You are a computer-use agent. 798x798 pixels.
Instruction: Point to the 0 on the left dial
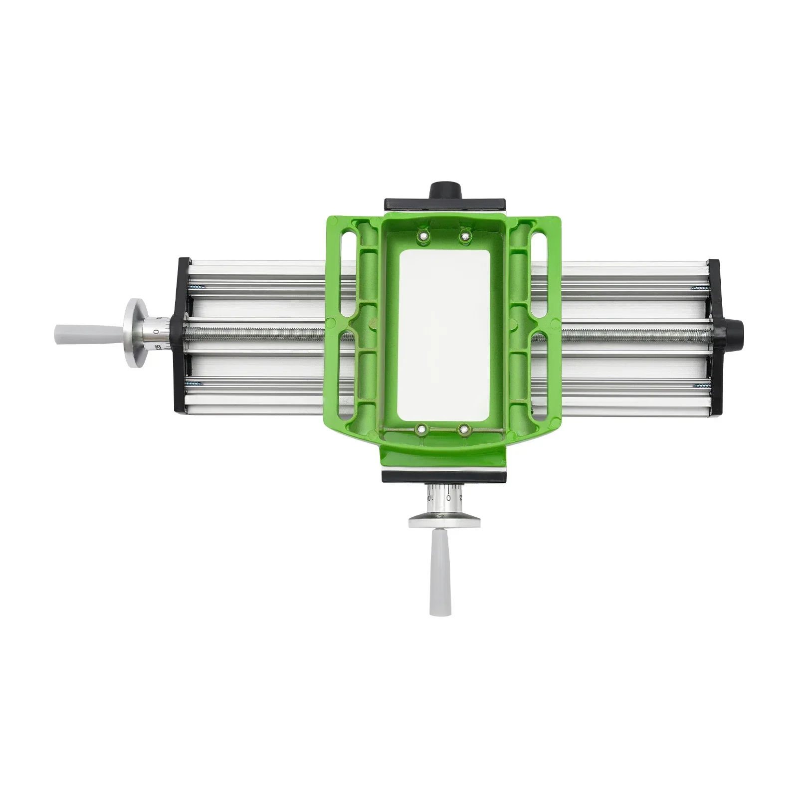(156, 331)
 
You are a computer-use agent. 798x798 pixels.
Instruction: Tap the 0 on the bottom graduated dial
(448, 498)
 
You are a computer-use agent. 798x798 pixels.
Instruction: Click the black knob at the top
(445, 190)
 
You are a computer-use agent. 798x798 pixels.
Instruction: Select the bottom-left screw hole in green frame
(422, 428)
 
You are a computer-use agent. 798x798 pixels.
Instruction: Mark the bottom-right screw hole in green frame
(464, 428)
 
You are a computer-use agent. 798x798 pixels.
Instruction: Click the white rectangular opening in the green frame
(444, 334)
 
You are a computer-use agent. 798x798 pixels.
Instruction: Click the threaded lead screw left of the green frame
(259, 333)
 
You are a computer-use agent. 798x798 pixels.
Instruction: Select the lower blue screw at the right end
(700, 386)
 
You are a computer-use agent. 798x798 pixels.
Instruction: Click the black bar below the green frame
(445, 476)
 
